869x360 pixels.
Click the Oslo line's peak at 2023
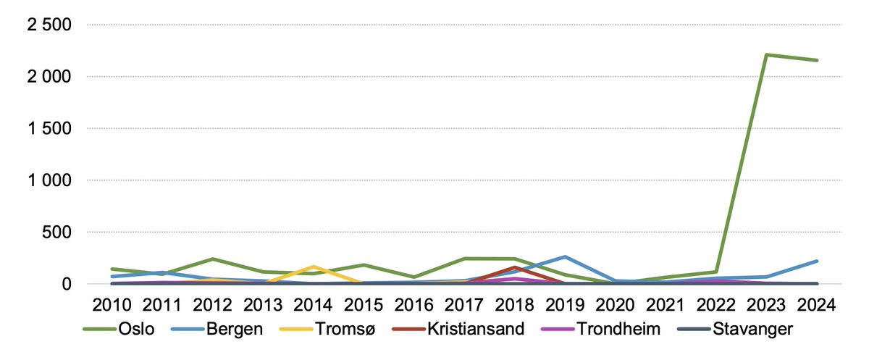[x=767, y=54]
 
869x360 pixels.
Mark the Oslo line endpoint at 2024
[x=817, y=60]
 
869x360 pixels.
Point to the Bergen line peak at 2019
[x=564, y=256]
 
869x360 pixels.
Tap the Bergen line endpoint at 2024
[x=817, y=261]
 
